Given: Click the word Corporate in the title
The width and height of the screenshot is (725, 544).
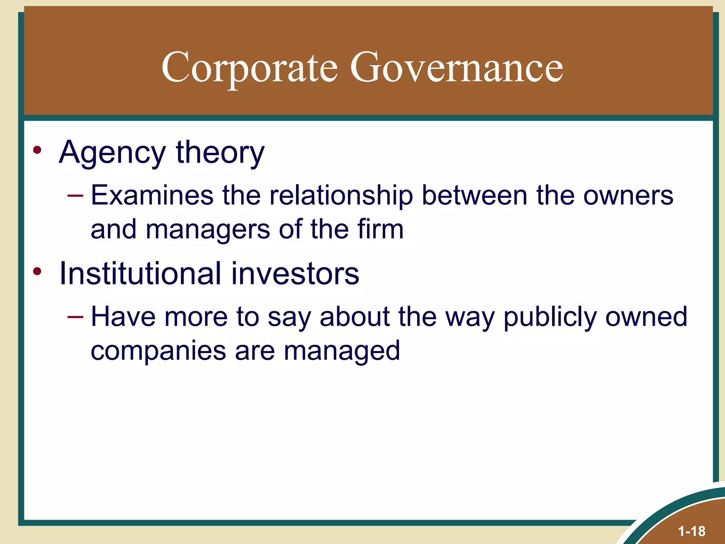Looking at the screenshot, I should pyautogui.click(x=250, y=67).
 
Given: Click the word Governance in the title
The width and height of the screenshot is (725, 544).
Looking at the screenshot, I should pyautogui.click(x=456, y=67).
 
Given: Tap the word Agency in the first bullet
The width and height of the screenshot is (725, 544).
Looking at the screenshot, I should pyautogui.click(x=112, y=153).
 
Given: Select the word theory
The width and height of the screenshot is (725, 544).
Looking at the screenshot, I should pyautogui.click(x=220, y=153).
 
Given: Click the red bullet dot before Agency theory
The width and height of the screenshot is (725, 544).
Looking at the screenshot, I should pyautogui.click(x=37, y=150).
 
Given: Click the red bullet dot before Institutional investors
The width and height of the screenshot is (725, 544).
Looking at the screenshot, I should pyautogui.click(x=37, y=272).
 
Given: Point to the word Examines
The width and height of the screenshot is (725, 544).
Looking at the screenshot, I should pyautogui.click(x=152, y=195).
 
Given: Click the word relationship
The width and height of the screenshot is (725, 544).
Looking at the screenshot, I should pyautogui.click(x=341, y=195).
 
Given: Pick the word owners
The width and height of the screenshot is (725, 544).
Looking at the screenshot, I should pyautogui.click(x=628, y=195).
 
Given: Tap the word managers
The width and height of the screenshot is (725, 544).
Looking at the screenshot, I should pyautogui.click(x=208, y=229).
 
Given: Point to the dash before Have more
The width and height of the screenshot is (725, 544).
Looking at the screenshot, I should pyautogui.click(x=75, y=317).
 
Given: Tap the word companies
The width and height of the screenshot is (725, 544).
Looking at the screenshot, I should pyautogui.click(x=158, y=351).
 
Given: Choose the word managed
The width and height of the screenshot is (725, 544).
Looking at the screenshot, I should pyautogui.click(x=342, y=351).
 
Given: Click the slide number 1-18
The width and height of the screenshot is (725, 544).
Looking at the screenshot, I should pyautogui.click(x=691, y=531).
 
